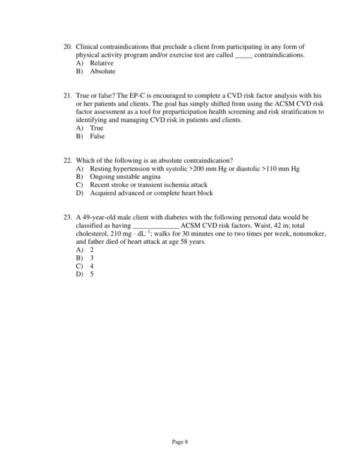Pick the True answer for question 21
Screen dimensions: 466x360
point(96,129)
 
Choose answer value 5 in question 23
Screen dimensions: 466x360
point(92,274)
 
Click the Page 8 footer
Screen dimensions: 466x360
point(180,442)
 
